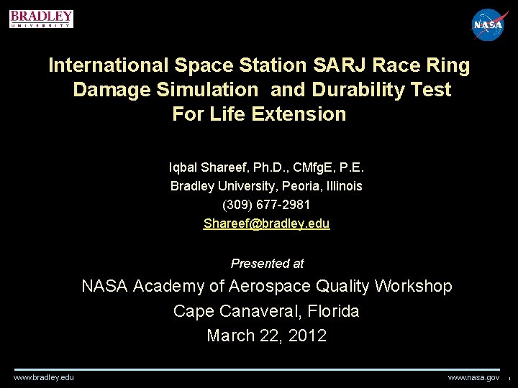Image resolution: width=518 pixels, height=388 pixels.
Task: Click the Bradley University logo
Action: tap(41, 19)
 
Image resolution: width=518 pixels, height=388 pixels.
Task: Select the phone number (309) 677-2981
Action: tap(266, 205)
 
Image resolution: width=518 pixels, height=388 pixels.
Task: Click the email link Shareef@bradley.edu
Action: tap(266, 223)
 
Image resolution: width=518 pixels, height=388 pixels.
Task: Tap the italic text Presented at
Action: tap(267, 263)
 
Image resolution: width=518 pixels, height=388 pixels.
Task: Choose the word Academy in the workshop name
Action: tap(170, 286)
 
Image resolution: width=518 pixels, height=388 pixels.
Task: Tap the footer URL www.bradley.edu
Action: tap(43, 377)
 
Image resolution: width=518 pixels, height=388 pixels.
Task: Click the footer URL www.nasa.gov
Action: tap(473, 377)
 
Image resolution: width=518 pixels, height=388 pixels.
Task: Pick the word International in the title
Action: tap(109, 66)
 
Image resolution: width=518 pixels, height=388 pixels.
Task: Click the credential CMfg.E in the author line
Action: tap(306, 167)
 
